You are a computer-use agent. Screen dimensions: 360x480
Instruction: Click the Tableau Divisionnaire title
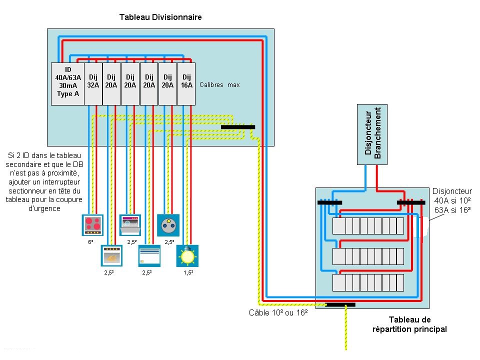[x=160, y=17]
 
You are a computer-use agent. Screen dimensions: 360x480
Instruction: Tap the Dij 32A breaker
[x=93, y=83]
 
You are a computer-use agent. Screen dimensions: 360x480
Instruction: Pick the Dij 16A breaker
[x=186, y=83]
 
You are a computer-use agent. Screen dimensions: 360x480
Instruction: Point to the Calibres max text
[x=219, y=85]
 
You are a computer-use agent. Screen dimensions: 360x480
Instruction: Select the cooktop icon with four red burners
[x=92, y=224]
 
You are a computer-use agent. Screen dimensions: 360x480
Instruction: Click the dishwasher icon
[x=130, y=224]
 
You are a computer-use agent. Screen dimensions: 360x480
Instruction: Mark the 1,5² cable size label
[x=188, y=272]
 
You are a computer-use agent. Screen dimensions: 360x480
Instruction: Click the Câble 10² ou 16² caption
[x=278, y=313]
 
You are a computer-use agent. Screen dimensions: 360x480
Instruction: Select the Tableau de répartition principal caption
[x=409, y=324]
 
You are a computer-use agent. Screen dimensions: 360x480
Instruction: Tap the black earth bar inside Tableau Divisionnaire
[x=237, y=127]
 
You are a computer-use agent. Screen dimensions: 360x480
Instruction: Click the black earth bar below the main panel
[x=340, y=304]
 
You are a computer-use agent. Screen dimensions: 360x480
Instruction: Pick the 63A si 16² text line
[x=452, y=210]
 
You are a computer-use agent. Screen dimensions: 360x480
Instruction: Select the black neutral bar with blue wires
[x=330, y=202]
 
